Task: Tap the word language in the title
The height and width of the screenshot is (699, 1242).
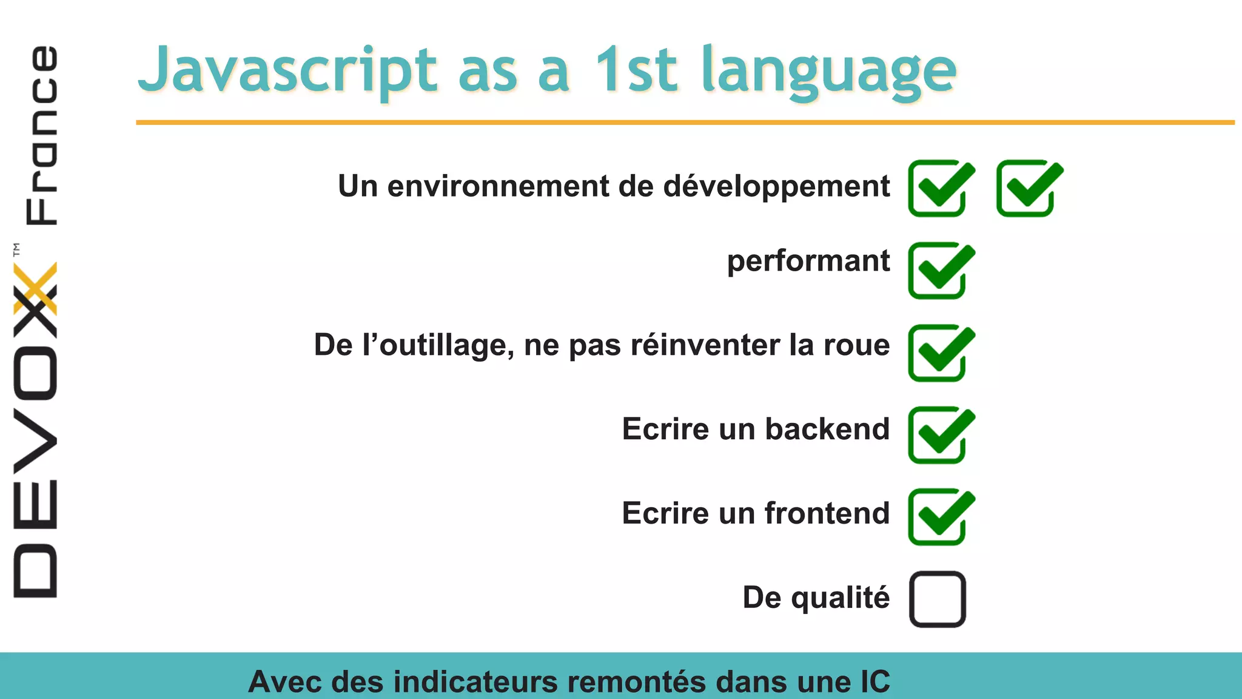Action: pyautogui.click(x=828, y=72)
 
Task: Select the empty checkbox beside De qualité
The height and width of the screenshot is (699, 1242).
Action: pyautogui.click(x=937, y=599)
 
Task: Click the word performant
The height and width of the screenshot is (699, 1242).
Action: pyautogui.click(x=808, y=262)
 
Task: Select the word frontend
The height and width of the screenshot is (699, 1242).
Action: pyautogui.click(x=827, y=513)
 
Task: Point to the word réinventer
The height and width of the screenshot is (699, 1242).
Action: pyautogui.click(x=705, y=345)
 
